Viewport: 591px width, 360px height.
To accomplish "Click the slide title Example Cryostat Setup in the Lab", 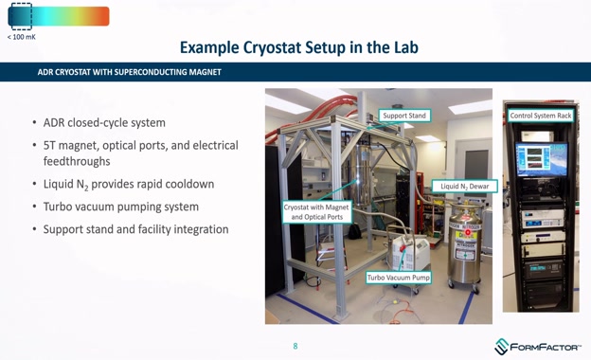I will [298, 47].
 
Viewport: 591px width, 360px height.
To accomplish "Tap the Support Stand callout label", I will [404, 116].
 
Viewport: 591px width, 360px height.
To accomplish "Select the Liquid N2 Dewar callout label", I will [464, 186].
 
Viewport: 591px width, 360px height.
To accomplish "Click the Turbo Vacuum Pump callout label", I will [399, 278].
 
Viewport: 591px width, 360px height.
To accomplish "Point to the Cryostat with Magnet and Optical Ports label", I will [316, 212].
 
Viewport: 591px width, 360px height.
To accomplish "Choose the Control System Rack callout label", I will [541, 116].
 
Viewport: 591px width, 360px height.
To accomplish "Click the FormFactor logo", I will [538, 347].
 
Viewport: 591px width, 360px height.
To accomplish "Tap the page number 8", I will [295, 346].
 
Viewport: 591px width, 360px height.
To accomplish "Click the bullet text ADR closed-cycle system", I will [104, 123].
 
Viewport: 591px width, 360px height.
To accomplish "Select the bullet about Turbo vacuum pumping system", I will [120, 207].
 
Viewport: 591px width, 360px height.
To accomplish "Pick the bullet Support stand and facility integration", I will [135, 229].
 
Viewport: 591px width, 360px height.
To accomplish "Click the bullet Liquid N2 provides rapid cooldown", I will [129, 184].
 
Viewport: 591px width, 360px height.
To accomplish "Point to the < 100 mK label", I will [22, 37].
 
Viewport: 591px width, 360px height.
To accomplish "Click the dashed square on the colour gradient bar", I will [20, 16].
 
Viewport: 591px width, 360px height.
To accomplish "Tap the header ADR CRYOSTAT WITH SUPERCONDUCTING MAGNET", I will [129, 72].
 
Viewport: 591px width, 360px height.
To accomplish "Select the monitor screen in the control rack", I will [540, 155].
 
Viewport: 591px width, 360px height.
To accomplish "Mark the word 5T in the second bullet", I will [51, 146].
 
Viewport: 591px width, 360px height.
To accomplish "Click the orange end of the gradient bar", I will [100, 16].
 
